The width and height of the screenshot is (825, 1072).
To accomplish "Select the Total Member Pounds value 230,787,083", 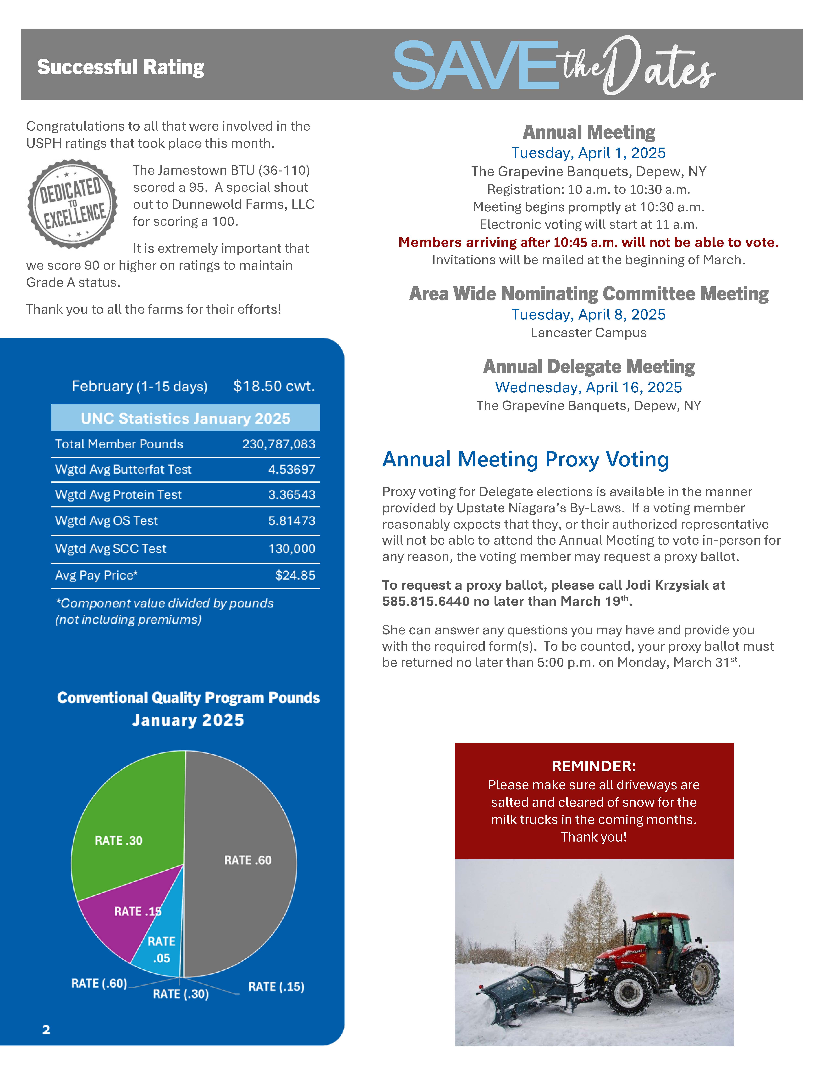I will [x=278, y=444].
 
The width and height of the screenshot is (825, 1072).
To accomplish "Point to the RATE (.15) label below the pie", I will [x=276, y=987].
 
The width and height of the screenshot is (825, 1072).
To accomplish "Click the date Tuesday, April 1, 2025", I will [x=588, y=153].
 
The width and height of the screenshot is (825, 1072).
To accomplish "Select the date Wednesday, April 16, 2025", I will [x=588, y=388].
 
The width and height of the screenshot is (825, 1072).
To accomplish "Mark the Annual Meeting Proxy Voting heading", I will [x=525, y=460].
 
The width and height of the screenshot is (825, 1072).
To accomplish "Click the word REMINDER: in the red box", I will [x=594, y=766].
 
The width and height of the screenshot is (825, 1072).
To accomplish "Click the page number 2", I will [x=46, y=1030].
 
